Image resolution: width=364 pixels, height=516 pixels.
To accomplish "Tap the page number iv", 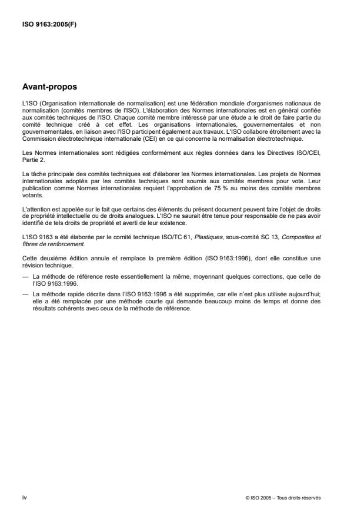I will click(x=24, y=498).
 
